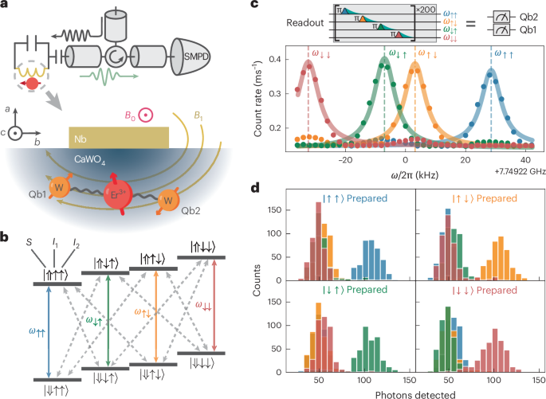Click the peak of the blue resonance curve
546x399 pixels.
(x=491, y=72)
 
